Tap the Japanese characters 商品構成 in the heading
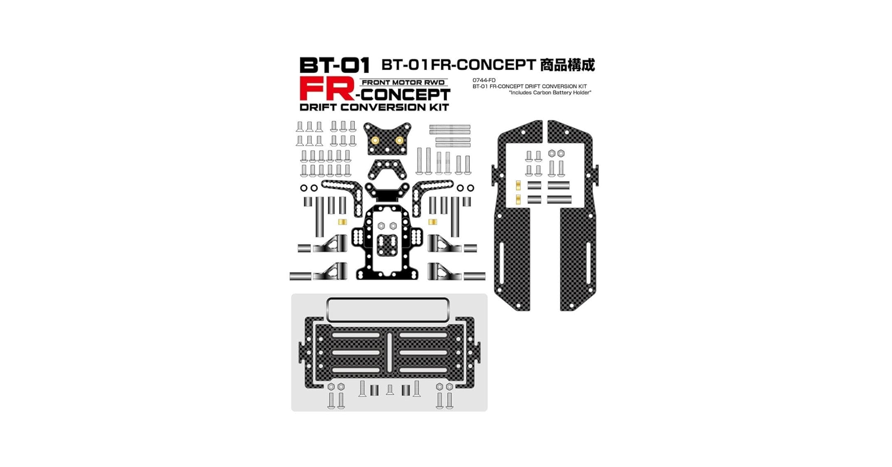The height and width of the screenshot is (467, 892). (567, 65)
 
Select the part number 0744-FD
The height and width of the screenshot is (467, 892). (484, 80)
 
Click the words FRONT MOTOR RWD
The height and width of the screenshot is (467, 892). (404, 83)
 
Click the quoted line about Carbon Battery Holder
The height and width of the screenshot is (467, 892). (550, 92)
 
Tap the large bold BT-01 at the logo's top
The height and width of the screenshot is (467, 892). (334, 65)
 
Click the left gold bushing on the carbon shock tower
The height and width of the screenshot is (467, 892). (375, 140)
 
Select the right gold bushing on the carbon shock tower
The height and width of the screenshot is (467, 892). (399, 140)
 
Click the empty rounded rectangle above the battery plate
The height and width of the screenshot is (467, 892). (388, 310)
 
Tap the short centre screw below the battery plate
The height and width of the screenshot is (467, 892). (390, 389)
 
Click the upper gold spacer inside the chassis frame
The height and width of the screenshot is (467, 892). (518, 185)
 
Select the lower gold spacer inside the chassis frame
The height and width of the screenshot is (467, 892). (518, 200)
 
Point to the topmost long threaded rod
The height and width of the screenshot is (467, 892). (450, 127)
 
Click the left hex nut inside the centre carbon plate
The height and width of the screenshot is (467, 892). (381, 226)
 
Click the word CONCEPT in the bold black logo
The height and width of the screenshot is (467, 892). (406, 95)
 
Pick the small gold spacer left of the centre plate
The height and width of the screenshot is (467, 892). (342, 222)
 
